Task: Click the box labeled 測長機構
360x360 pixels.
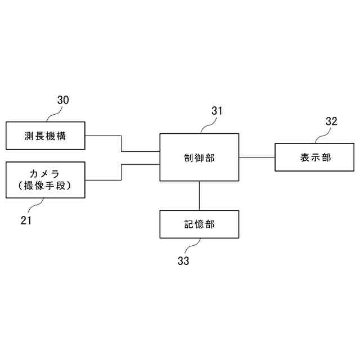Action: point(45,136)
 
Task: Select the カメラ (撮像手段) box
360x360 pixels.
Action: point(45,179)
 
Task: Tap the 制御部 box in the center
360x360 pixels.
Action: point(199,157)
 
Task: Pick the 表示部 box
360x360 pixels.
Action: point(316,157)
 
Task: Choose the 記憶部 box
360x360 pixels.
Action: point(199,224)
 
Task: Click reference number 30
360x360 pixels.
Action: point(63,100)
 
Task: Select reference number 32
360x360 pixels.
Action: point(331,121)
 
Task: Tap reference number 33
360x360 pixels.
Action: point(183,261)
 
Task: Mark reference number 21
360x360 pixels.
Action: point(26,220)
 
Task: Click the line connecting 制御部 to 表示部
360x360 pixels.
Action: point(256,157)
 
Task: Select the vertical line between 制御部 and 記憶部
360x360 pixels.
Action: point(199,196)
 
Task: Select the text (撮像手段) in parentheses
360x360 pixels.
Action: point(44,186)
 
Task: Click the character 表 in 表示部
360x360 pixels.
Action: point(305,157)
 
